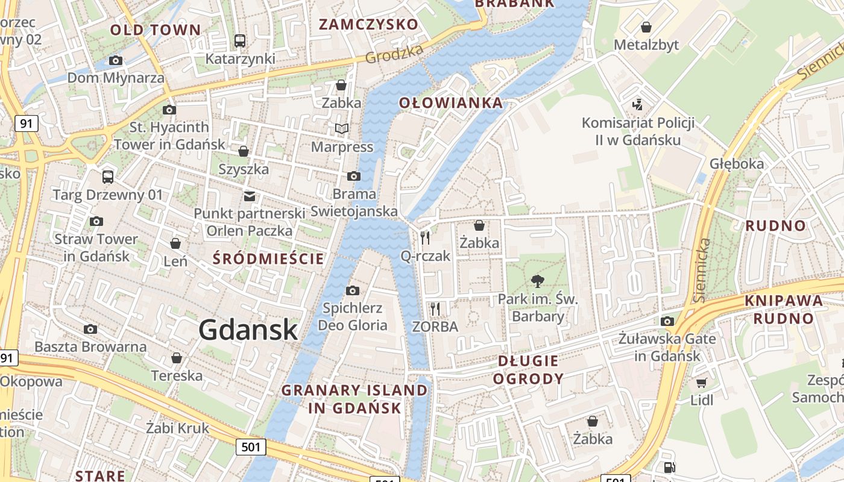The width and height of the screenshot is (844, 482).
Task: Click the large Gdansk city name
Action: (248, 330)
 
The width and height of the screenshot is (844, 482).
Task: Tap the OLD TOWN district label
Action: (155, 30)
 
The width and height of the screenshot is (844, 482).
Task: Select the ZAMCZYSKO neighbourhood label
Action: (368, 25)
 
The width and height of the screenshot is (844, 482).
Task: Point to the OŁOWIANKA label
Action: (451, 103)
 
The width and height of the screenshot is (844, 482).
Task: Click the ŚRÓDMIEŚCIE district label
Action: (269, 259)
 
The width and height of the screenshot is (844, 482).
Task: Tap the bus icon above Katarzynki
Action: (240, 41)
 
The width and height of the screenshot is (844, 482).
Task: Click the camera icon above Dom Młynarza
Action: (116, 60)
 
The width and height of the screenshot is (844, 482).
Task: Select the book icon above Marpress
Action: (342, 128)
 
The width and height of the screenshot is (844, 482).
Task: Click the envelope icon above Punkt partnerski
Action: (250, 196)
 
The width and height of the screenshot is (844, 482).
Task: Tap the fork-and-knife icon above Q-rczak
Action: (426, 238)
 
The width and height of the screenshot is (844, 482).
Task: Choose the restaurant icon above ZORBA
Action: (435, 309)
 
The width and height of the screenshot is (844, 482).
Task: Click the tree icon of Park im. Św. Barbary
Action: (537, 281)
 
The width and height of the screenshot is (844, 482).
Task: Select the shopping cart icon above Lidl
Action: (701, 383)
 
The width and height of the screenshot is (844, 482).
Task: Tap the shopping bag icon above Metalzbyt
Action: (646, 27)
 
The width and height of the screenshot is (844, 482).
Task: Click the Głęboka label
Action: (737, 164)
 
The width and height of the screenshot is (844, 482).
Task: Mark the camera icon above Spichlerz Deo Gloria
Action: (353, 291)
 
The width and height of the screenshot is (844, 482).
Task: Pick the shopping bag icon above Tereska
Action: (177, 358)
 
